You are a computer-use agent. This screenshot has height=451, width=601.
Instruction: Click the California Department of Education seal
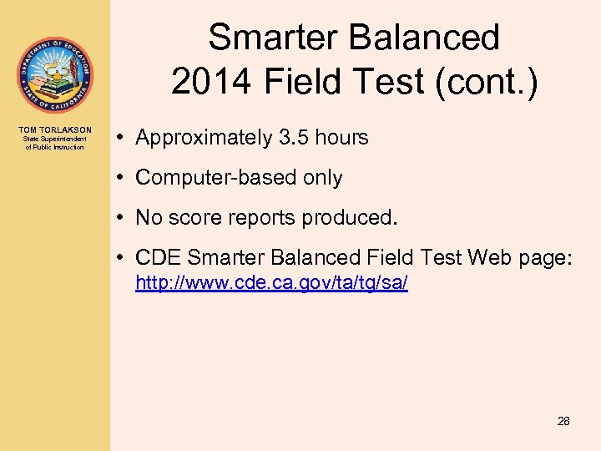pyautogui.click(x=54, y=75)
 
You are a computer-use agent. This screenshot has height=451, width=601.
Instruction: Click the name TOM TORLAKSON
pyautogui.click(x=54, y=130)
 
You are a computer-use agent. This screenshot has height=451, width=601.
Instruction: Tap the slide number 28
pyautogui.click(x=563, y=421)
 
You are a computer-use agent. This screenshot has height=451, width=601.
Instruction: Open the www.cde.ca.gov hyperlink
pyautogui.click(x=271, y=284)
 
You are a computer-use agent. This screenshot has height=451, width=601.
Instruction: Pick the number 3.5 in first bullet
pyautogui.click(x=296, y=138)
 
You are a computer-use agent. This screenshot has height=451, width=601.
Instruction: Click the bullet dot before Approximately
pyautogui.click(x=123, y=138)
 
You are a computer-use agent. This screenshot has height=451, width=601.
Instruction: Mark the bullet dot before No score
pyautogui.click(x=123, y=218)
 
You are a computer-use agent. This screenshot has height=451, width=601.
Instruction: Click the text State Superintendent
pyautogui.click(x=54, y=139)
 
